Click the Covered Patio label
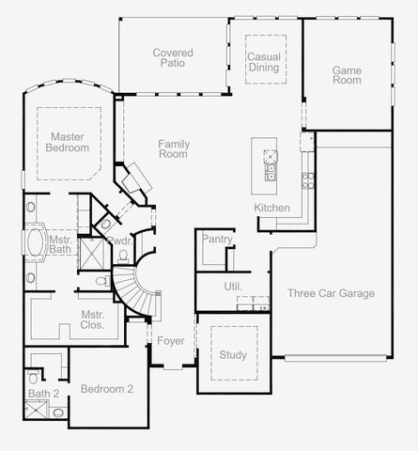(173, 58)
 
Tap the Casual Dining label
(264, 62)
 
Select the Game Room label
(347, 74)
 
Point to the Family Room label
(174, 148)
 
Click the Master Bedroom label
(70, 142)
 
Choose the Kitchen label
(271, 208)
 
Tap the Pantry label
(216, 241)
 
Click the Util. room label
(233, 286)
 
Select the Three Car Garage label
(331, 293)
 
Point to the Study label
(233, 355)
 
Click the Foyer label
(170, 340)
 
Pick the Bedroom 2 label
(107, 389)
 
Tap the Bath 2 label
(42, 394)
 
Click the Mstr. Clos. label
(92, 320)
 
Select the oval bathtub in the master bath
(37, 242)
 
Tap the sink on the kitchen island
(271, 171)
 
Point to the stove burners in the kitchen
(306, 179)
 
